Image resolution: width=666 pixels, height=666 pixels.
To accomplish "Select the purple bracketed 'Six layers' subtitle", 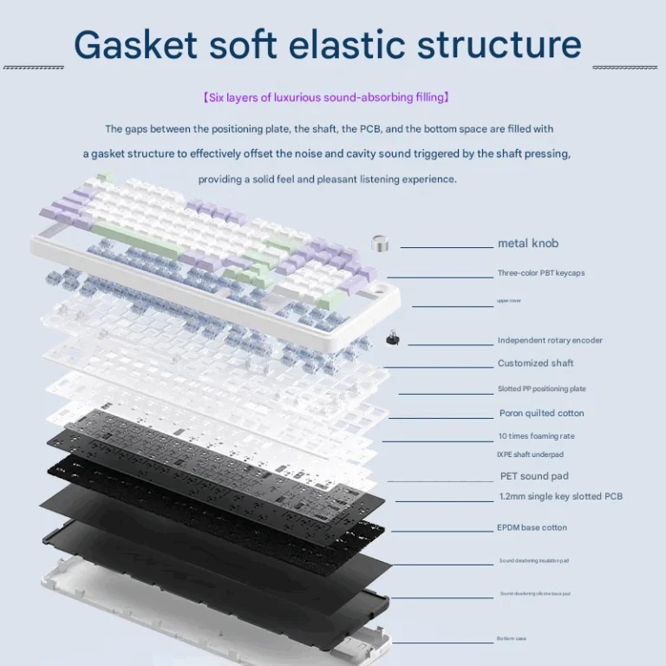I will point(326,98).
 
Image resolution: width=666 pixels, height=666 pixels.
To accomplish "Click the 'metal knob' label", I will point(527,244).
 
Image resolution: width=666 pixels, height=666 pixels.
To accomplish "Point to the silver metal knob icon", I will point(379,245).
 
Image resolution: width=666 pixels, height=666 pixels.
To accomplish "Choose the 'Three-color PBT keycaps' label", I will point(540,273).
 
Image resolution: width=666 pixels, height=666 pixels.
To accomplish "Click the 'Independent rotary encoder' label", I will point(550,341).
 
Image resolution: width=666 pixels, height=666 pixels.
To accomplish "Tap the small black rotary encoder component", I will point(393,337).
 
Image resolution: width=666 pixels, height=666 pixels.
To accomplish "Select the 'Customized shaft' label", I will point(535,363).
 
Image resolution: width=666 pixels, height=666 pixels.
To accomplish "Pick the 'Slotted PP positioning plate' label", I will point(541,389).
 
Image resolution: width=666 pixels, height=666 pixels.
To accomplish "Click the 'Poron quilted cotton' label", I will point(541,414).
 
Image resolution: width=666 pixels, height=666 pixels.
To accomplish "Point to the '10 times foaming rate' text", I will point(536,436).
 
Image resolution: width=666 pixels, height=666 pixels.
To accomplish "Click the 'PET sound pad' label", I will point(534,476).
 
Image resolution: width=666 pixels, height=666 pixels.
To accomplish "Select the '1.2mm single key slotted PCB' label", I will point(560,497).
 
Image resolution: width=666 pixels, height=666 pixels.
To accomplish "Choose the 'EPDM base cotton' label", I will point(532,528).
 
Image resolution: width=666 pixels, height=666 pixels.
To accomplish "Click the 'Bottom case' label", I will point(512,639).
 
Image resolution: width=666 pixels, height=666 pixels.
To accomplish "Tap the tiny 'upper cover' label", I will point(509,301).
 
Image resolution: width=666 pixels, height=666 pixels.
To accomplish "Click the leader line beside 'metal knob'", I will point(447,247).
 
